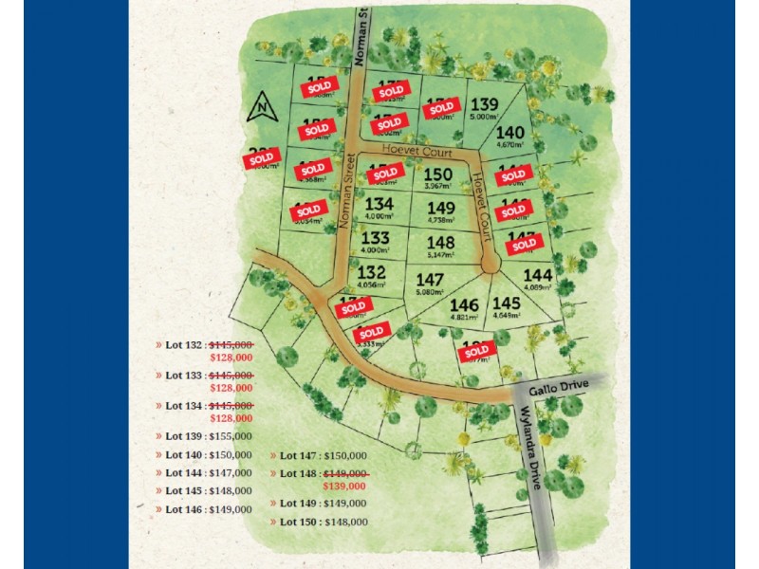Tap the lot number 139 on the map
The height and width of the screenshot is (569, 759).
[x=485, y=104]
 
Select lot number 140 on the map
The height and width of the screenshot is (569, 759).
[x=509, y=133]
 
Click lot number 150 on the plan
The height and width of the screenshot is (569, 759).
[x=437, y=174]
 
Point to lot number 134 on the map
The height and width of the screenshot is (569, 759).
[x=379, y=204]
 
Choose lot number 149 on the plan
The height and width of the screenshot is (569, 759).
[x=441, y=208]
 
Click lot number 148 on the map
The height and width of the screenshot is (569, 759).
[x=441, y=243]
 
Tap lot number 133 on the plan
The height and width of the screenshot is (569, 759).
[x=375, y=239]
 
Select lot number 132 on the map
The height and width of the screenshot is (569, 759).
[x=372, y=272]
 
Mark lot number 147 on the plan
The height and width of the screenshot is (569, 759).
[x=430, y=280]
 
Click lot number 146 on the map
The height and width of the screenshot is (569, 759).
[x=464, y=304]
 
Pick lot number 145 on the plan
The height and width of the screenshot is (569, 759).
[x=505, y=303]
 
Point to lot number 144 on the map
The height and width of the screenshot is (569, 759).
[x=537, y=274]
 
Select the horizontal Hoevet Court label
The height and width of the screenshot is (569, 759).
[x=414, y=150]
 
